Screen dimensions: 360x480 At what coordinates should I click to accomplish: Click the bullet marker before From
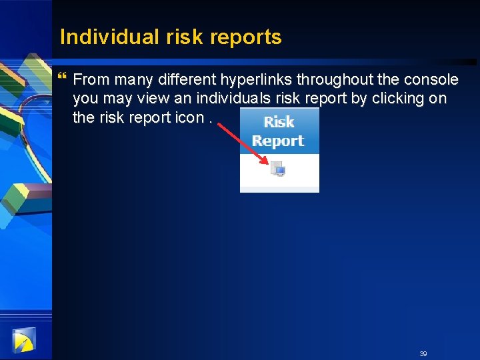(x=63, y=79)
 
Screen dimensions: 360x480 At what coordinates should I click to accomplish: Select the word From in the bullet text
(x=91, y=80)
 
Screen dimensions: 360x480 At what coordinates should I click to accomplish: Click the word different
(x=183, y=80)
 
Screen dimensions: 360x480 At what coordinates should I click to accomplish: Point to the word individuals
(x=220, y=99)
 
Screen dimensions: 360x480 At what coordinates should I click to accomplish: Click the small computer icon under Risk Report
(x=278, y=169)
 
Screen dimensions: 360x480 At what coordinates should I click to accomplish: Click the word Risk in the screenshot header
(x=279, y=122)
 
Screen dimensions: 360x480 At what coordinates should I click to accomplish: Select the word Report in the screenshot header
(x=278, y=141)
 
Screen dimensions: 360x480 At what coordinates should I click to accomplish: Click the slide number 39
(x=423, y=353)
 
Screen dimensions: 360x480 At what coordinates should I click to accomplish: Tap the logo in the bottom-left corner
(x=23, y=341)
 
